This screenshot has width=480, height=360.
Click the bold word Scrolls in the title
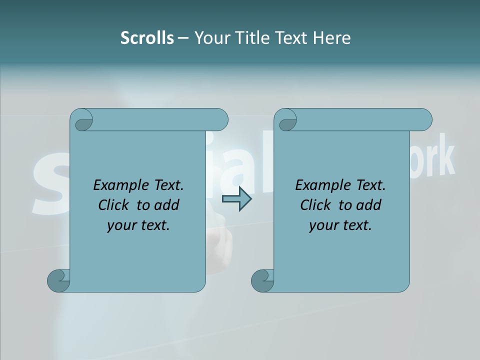tap(147, 37)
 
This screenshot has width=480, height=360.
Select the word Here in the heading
tap(332, 37)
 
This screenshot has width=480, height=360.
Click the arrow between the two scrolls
tap(236, 199)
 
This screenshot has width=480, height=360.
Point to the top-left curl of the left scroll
tap(82, 121)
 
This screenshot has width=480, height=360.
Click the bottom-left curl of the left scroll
tap(58, 280)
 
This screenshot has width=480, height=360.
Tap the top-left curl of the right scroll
tap(286, 121)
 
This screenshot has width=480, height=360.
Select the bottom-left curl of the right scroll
tap(262, 280)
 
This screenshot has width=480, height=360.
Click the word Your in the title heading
tap(210, 37)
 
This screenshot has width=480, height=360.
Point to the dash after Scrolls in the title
tap(183, 38)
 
